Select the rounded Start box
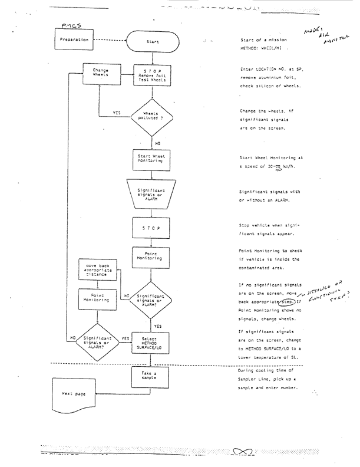coord(153,42)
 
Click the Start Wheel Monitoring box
coord(153,158)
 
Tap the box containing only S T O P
coord(153,226)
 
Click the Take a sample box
coord(153,376)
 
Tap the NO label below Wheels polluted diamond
coord(156,142)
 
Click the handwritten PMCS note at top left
coord(71,25)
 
